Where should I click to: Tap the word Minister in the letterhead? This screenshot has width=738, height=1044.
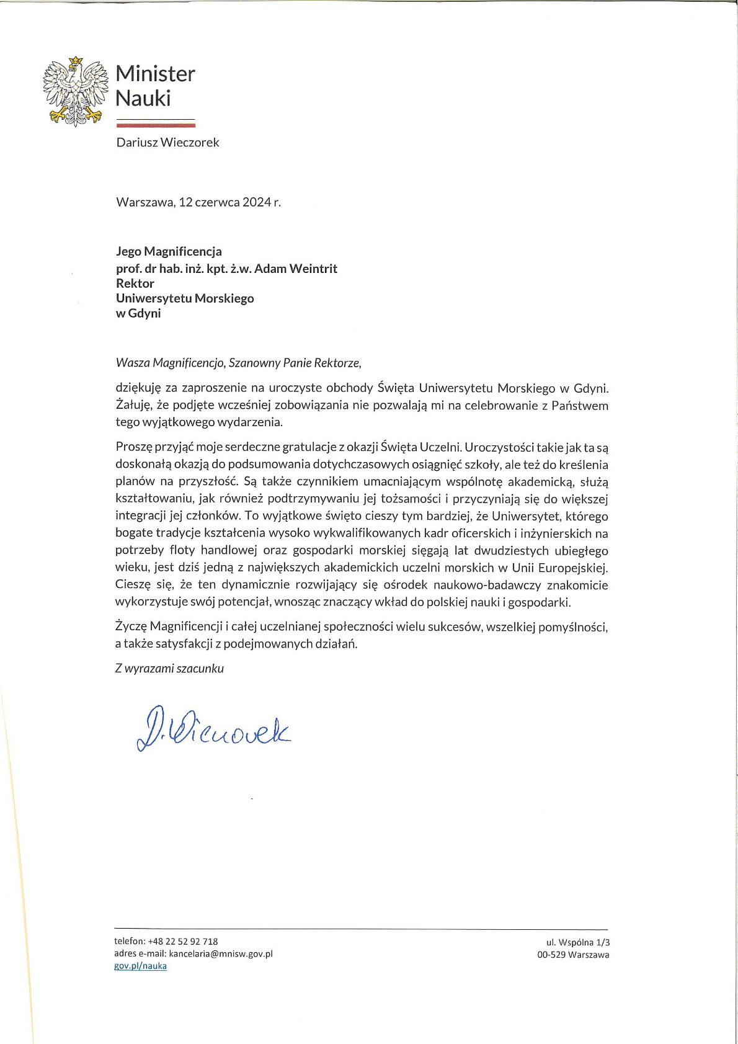(155, 74)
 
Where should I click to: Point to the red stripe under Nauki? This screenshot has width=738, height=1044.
(155, 125)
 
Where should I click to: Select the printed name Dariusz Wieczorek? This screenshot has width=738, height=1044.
(167, 143)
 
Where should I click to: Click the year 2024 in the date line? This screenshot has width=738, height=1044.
(257, 202)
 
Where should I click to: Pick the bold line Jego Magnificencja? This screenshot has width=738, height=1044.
(169, 251)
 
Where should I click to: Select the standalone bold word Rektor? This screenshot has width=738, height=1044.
(135, 283)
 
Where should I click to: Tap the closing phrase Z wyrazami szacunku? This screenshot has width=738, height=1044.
(169, 669)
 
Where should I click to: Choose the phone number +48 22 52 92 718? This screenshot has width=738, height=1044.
(183, 942)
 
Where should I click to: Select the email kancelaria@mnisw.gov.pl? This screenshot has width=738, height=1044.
(221, 954)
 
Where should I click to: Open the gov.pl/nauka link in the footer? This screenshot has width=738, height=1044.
(141, 966)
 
